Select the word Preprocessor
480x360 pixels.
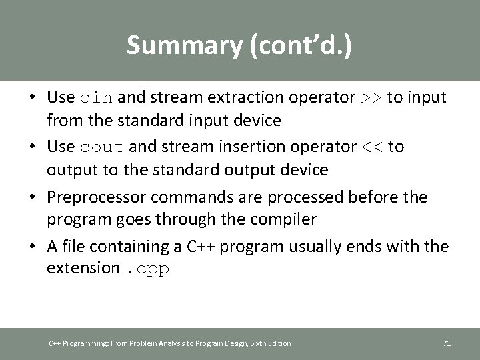pos(91,197)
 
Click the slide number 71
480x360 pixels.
pos(447,343)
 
